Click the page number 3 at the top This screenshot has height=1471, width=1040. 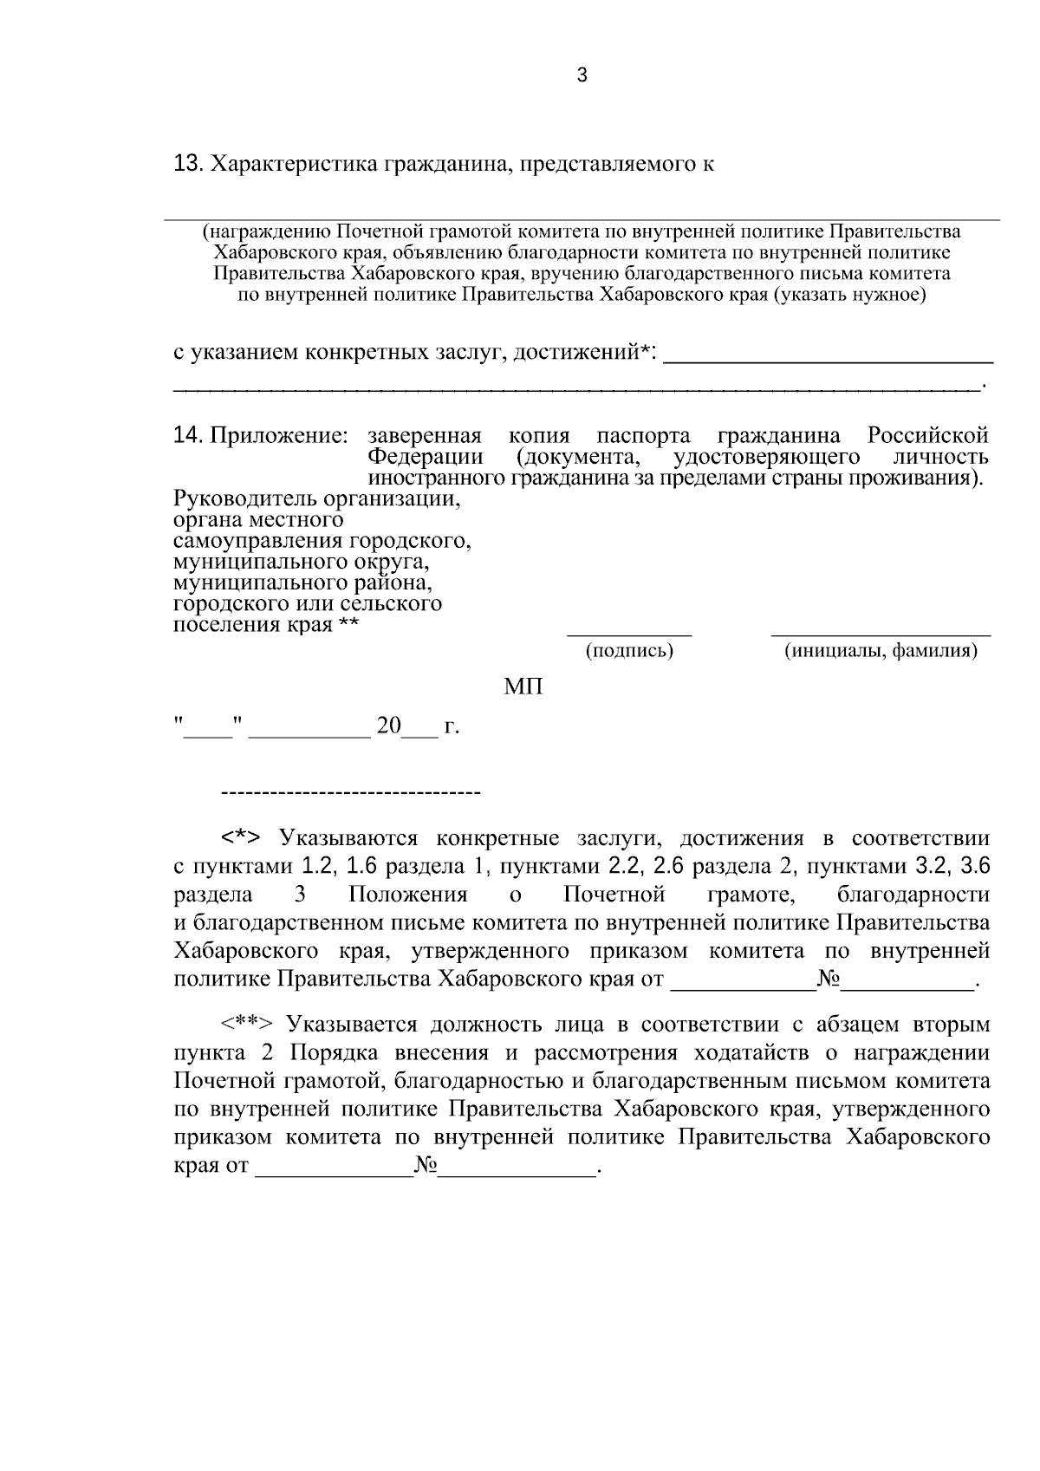[x=582, y=76]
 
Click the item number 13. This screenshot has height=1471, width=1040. [x=187, y=163]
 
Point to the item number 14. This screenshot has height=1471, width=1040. [x=187, y=435]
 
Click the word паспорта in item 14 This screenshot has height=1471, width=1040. [x=644, y=435]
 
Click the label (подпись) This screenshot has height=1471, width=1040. [x=629, y=650]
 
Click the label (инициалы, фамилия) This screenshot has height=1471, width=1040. [x=881, y=650]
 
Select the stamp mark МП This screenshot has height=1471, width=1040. [x=523, y=687]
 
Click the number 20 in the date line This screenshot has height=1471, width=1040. [x=388, y=726]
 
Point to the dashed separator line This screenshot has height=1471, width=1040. [x=351, y=792]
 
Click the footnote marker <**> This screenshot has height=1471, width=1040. [x=247, y=1025]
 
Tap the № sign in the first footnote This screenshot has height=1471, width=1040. [x=829, y=980]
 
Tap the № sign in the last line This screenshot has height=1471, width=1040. [x=426, y=1166]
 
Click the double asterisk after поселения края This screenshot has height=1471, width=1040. [x=348, y=625]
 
